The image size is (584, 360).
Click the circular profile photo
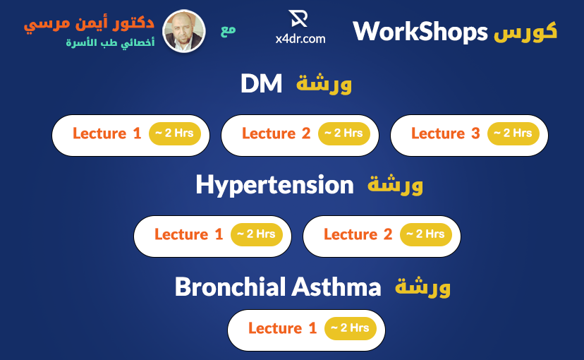pos(184,31)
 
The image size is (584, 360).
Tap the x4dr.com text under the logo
pos(300,39)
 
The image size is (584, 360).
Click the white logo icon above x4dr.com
pos(298,18)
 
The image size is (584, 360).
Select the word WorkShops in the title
pos(420,32)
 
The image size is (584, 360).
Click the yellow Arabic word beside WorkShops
pos(525,31)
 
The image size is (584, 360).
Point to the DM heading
pos(262,83)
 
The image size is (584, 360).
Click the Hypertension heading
pos(274,185)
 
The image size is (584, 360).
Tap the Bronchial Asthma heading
pos(278,287)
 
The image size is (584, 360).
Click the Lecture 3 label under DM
pos(446,133)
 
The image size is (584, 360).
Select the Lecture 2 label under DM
pos(276,133)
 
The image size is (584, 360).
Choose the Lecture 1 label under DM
pos(107,133)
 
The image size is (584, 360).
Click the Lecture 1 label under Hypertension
pos(189,234)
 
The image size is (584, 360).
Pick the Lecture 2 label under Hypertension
pos(358,234)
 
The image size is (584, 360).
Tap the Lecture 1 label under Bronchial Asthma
pos(283,328)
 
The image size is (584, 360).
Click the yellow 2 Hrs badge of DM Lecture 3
pos(513,133)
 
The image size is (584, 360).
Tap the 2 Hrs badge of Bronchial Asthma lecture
pos(351,328)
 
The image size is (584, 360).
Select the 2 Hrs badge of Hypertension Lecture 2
pos(426,234)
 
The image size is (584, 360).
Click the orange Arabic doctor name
pos(89,24)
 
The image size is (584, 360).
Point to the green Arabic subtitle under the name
pos(110,42)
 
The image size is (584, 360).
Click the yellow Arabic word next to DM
pos(324,83)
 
